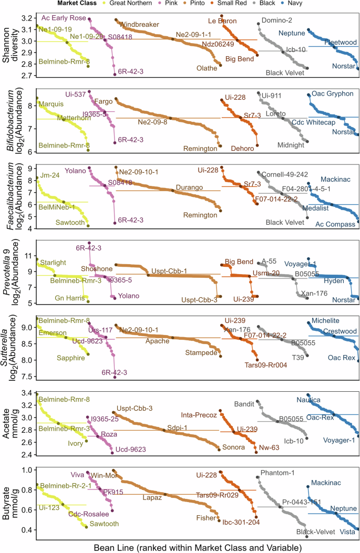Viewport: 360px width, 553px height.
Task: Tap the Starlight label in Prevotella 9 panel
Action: click(53, 262)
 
